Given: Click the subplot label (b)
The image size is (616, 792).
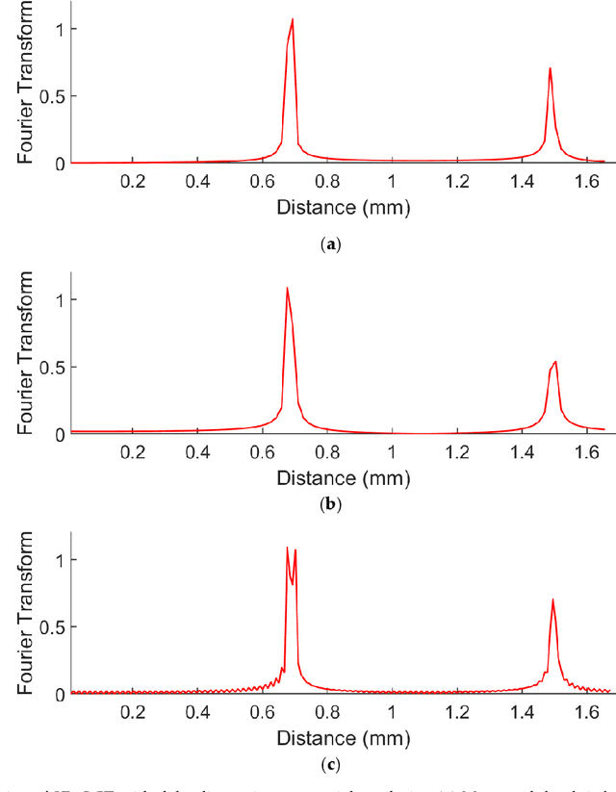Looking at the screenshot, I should click(332, 502).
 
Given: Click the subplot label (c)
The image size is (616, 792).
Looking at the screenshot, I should click(332, 765).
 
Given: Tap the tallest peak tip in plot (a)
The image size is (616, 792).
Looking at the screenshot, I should click(292, 19).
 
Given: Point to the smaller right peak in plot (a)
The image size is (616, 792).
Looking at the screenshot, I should click(550, 68).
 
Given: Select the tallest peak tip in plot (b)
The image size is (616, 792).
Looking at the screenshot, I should click(287, 288).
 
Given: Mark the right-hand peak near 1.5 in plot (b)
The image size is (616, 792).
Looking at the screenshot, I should click(555, 362).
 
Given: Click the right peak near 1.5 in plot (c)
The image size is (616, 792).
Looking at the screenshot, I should click(552, 600).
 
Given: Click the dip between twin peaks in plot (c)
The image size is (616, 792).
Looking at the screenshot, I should click(292, 583).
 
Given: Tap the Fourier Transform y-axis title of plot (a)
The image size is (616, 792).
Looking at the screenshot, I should click(26, 82).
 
